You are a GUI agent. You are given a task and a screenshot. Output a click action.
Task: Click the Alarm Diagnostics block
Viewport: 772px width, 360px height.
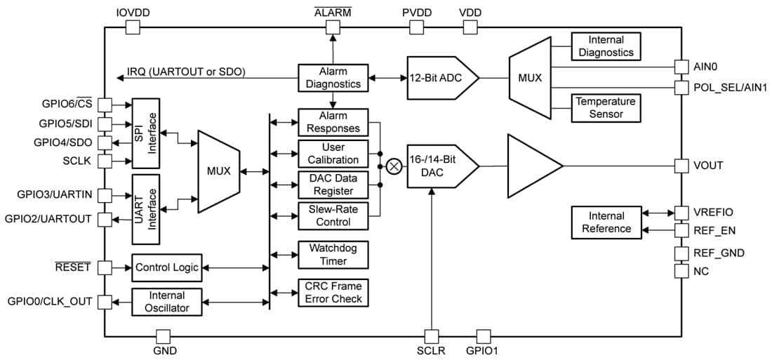coord(333,78)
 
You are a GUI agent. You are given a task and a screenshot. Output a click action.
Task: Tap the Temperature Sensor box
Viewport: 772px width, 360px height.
coord(606,107)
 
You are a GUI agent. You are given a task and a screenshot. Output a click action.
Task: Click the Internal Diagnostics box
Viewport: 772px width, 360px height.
coord(606,46)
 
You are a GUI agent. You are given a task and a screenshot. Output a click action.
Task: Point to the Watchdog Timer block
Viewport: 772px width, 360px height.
coord(333,255)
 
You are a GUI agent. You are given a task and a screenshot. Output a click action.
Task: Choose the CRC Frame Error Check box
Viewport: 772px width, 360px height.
coord(333,293)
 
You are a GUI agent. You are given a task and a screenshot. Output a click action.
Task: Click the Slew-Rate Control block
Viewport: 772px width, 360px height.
coord(333,216)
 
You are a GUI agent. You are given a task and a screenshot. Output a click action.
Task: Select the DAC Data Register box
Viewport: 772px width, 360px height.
coord(333,185)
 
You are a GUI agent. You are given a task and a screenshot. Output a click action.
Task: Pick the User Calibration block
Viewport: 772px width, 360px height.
coord(333,154)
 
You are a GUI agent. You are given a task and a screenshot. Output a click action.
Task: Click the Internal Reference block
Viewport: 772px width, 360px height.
coord(606,222)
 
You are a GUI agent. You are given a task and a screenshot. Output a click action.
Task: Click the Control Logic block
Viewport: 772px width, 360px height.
coord(166,267)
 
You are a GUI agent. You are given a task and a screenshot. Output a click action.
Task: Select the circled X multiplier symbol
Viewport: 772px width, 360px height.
coord(394,166)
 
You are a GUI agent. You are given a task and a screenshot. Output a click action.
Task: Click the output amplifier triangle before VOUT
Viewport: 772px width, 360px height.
coord(530,166)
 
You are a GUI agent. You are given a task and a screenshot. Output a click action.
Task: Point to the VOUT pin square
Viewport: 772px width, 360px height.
coord(681,166)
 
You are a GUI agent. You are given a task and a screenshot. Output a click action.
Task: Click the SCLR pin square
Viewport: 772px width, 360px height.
coord(430,336)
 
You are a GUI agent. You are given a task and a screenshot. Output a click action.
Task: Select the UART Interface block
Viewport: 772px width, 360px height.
coord(146,204)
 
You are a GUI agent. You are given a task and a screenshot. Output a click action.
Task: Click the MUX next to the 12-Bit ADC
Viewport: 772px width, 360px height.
coord(530,78)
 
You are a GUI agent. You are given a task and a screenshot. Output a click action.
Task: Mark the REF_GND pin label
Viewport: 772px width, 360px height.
coord(719,253)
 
